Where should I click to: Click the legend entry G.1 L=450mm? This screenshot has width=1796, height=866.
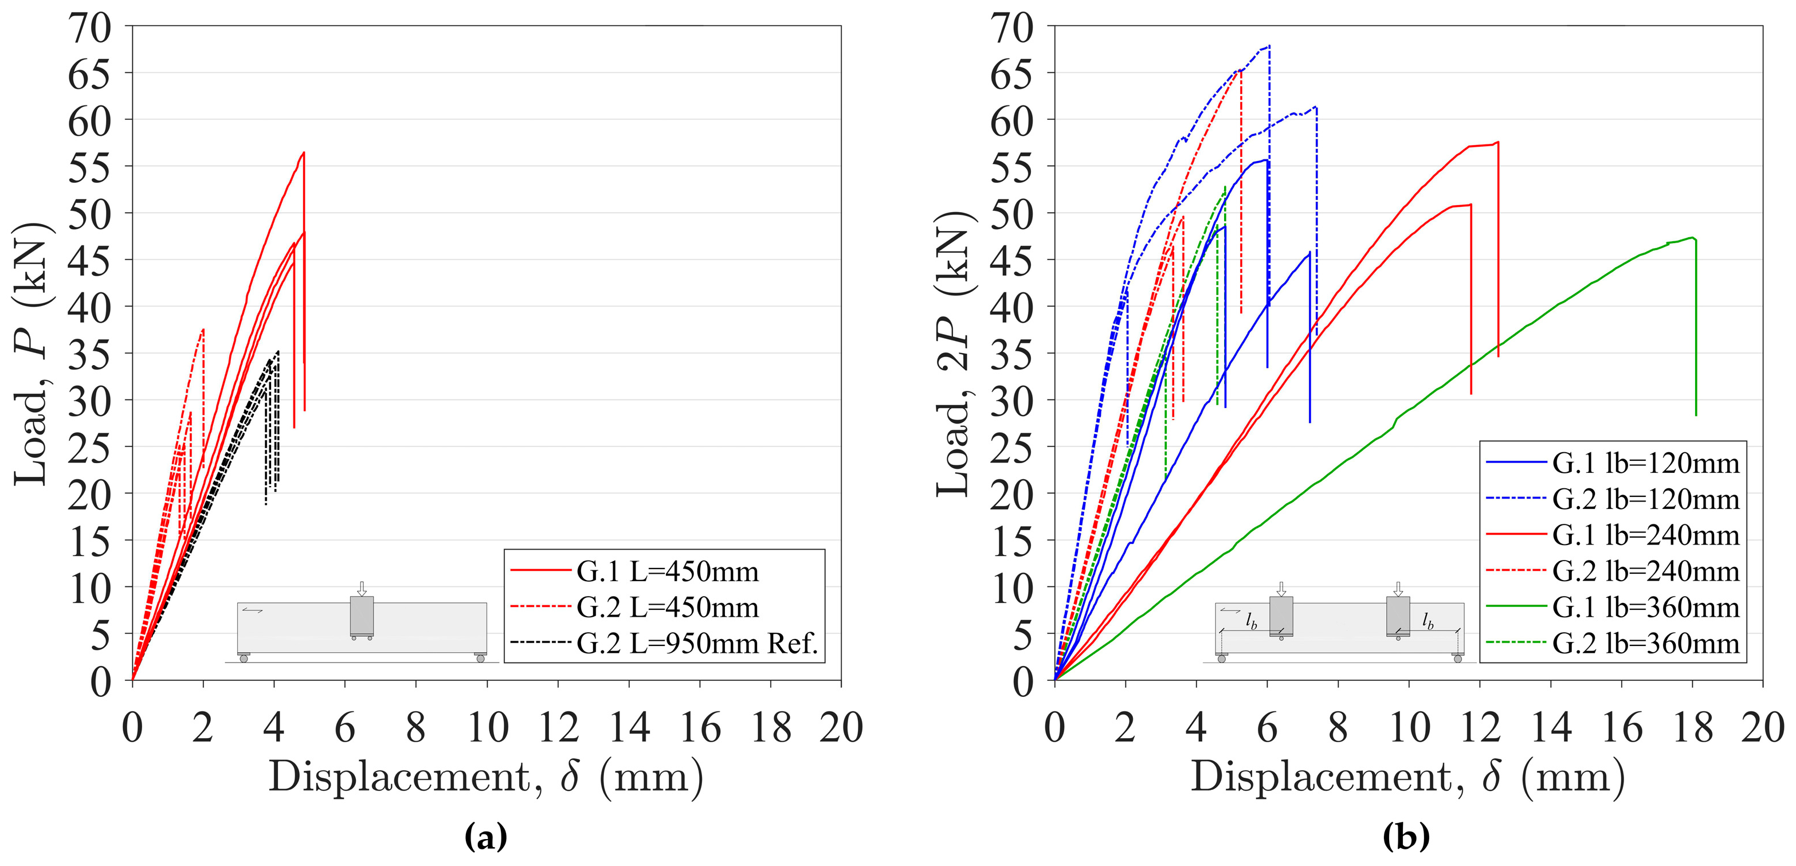(666, 571)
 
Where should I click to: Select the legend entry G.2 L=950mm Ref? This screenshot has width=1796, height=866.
(696, 643)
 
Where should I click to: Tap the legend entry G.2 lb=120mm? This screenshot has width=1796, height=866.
(1645, 499)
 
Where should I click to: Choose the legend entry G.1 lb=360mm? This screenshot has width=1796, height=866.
(1645, 608)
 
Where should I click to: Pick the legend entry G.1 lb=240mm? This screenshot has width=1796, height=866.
(1645, 535)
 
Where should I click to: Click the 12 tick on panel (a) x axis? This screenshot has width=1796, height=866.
(559, 728)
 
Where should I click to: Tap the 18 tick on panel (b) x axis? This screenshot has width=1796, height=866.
(1692, 728)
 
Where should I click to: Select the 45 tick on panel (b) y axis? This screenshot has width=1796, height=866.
(1011, 260)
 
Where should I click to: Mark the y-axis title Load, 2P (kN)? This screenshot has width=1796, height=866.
(954, 354)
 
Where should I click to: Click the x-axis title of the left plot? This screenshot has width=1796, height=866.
(486, 776)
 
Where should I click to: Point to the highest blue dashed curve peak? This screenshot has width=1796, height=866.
(1269, 46)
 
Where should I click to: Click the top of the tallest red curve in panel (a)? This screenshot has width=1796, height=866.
(304, 152)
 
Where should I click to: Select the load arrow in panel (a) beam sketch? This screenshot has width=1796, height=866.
(361, 588)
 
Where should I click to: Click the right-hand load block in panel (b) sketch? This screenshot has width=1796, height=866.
(1398, 616)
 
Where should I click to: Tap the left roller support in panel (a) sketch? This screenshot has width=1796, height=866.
(244, 657)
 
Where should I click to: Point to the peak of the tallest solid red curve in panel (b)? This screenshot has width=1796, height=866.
(1497, 142)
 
